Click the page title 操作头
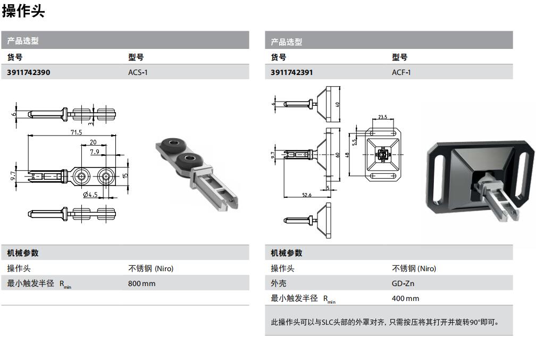click(23, 11)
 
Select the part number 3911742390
click(29, 72)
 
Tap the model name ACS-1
click(138, 72)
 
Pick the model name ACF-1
click(401, 72)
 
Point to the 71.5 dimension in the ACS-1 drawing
click(76, 132)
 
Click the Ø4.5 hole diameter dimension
click(90, 195)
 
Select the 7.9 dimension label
click(95, 152)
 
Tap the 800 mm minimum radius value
click(141, 283)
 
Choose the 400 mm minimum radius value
click(405, 298)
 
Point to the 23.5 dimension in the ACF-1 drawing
click(382, 117)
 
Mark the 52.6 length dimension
click(307, 195)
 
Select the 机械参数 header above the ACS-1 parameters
click(23, 253)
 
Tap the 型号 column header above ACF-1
click(399, 57)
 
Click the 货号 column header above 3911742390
click(15, 57)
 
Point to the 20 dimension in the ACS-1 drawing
click(93, 143)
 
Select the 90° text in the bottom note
click(475, 322)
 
